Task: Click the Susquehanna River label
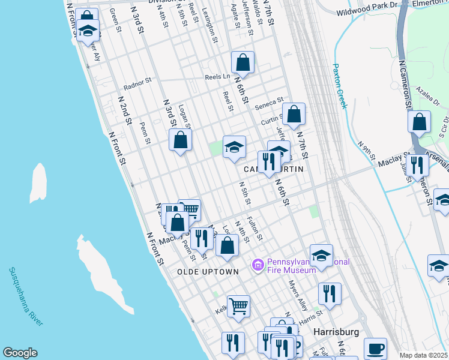click(25, 296)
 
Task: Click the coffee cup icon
click(376, 348)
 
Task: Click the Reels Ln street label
click(217, 77)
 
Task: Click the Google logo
click(20, 353)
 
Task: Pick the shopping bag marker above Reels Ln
click(243, 62)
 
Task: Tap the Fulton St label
click(255, 229)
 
